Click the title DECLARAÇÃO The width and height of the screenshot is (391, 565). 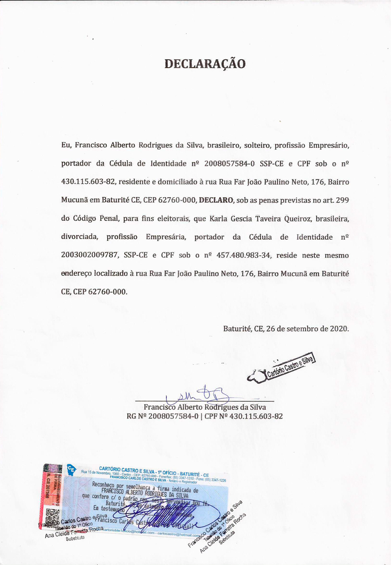(x=205, y=63)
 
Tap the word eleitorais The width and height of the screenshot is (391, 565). (x=170, y=219)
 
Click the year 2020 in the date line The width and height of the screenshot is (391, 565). (x=340, y=329)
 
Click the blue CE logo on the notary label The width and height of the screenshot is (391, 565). (x=71, y=468)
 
